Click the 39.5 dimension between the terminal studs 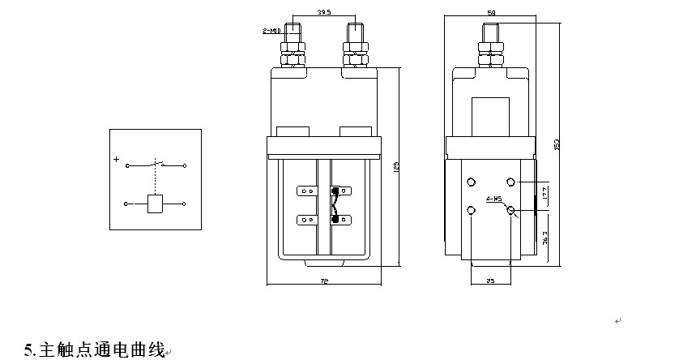[324, 13]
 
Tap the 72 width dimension [324, 280]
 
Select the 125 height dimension [396, 166]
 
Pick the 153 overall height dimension [557, 143]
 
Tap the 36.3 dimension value [545, 238]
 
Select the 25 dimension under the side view [489, 280]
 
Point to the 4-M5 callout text [493, 198]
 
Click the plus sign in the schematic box [117, 160]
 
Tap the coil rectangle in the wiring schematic [155, 204]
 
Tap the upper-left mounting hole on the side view [472, 181]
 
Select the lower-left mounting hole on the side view [472, 211]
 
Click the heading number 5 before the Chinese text [28, 350]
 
